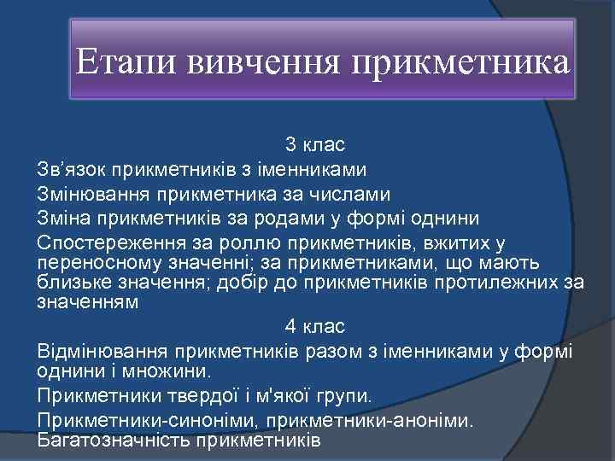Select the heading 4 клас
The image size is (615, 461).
coord(314,326)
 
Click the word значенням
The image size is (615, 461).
coord(87,301)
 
